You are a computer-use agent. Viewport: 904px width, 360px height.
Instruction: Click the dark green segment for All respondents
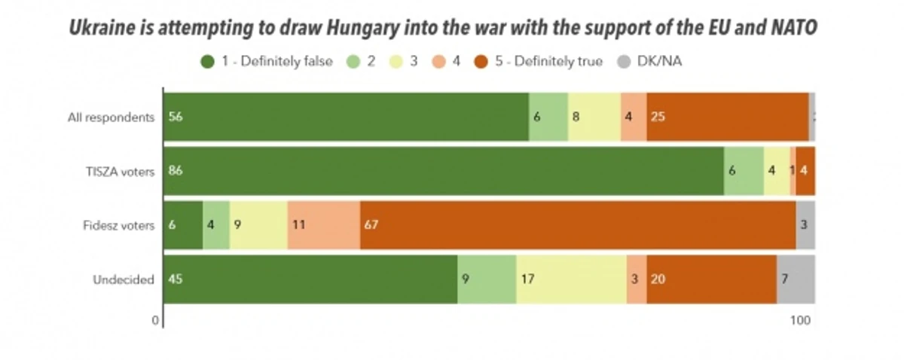[x=345, y=117]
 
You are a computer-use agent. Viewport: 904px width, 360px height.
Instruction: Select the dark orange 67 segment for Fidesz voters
[x=578, y=225]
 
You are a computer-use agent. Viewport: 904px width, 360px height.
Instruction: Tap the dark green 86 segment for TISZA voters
[x=443, y=171]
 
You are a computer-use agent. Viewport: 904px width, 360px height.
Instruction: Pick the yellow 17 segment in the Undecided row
[x=571, y=279]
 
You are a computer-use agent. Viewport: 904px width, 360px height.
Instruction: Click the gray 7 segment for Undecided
[x=796, y=279]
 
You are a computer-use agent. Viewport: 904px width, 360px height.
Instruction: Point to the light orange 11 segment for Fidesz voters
[x=323, y=225]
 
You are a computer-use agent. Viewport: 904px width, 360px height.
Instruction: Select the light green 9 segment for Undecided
[x=487, y=279]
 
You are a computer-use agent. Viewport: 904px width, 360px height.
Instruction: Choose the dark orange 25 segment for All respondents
[x=727, y=117]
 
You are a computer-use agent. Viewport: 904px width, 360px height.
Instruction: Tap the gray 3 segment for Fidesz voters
[x=805, y=225]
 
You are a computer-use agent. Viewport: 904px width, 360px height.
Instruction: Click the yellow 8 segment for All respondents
[x=594, y=117]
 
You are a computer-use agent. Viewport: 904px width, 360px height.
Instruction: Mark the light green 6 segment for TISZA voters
[x=744, y=171]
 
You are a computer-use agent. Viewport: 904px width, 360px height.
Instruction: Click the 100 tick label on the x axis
[x=800, y=320]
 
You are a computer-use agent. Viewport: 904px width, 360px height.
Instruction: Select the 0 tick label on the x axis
[x=156, y=320]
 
